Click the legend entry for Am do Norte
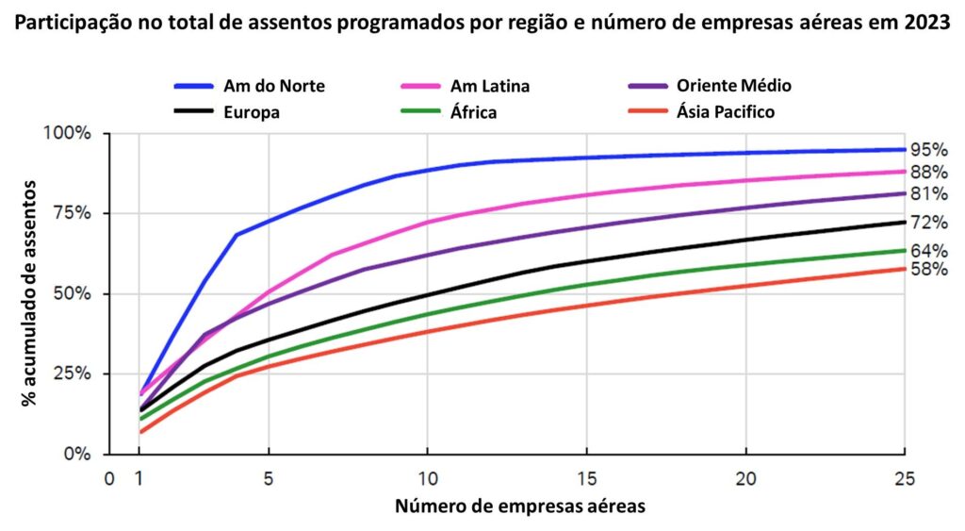pyautogui.click(x=274, y=86)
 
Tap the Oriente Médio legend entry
pyautogui.click(x=733, y=86)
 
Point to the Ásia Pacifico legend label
pyautogui.click(x=726, y=112)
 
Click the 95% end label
pyautogui.click(x=928, y=150)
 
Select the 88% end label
pyautogui.click(x=928, y=172)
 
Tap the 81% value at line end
pyautogui.click(x=928, y=194)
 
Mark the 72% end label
pyautogui.click(x=928, y=223)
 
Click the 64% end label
pyautogui.click(x=928, y=250)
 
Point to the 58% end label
pyautogui.click(x=928, y=270)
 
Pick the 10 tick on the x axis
pyautogui.click(x=427, y=478)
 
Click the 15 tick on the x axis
pyautogui.click(x=586, y=478)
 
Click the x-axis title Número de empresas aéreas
pyautogui.click(x=520, y=506)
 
